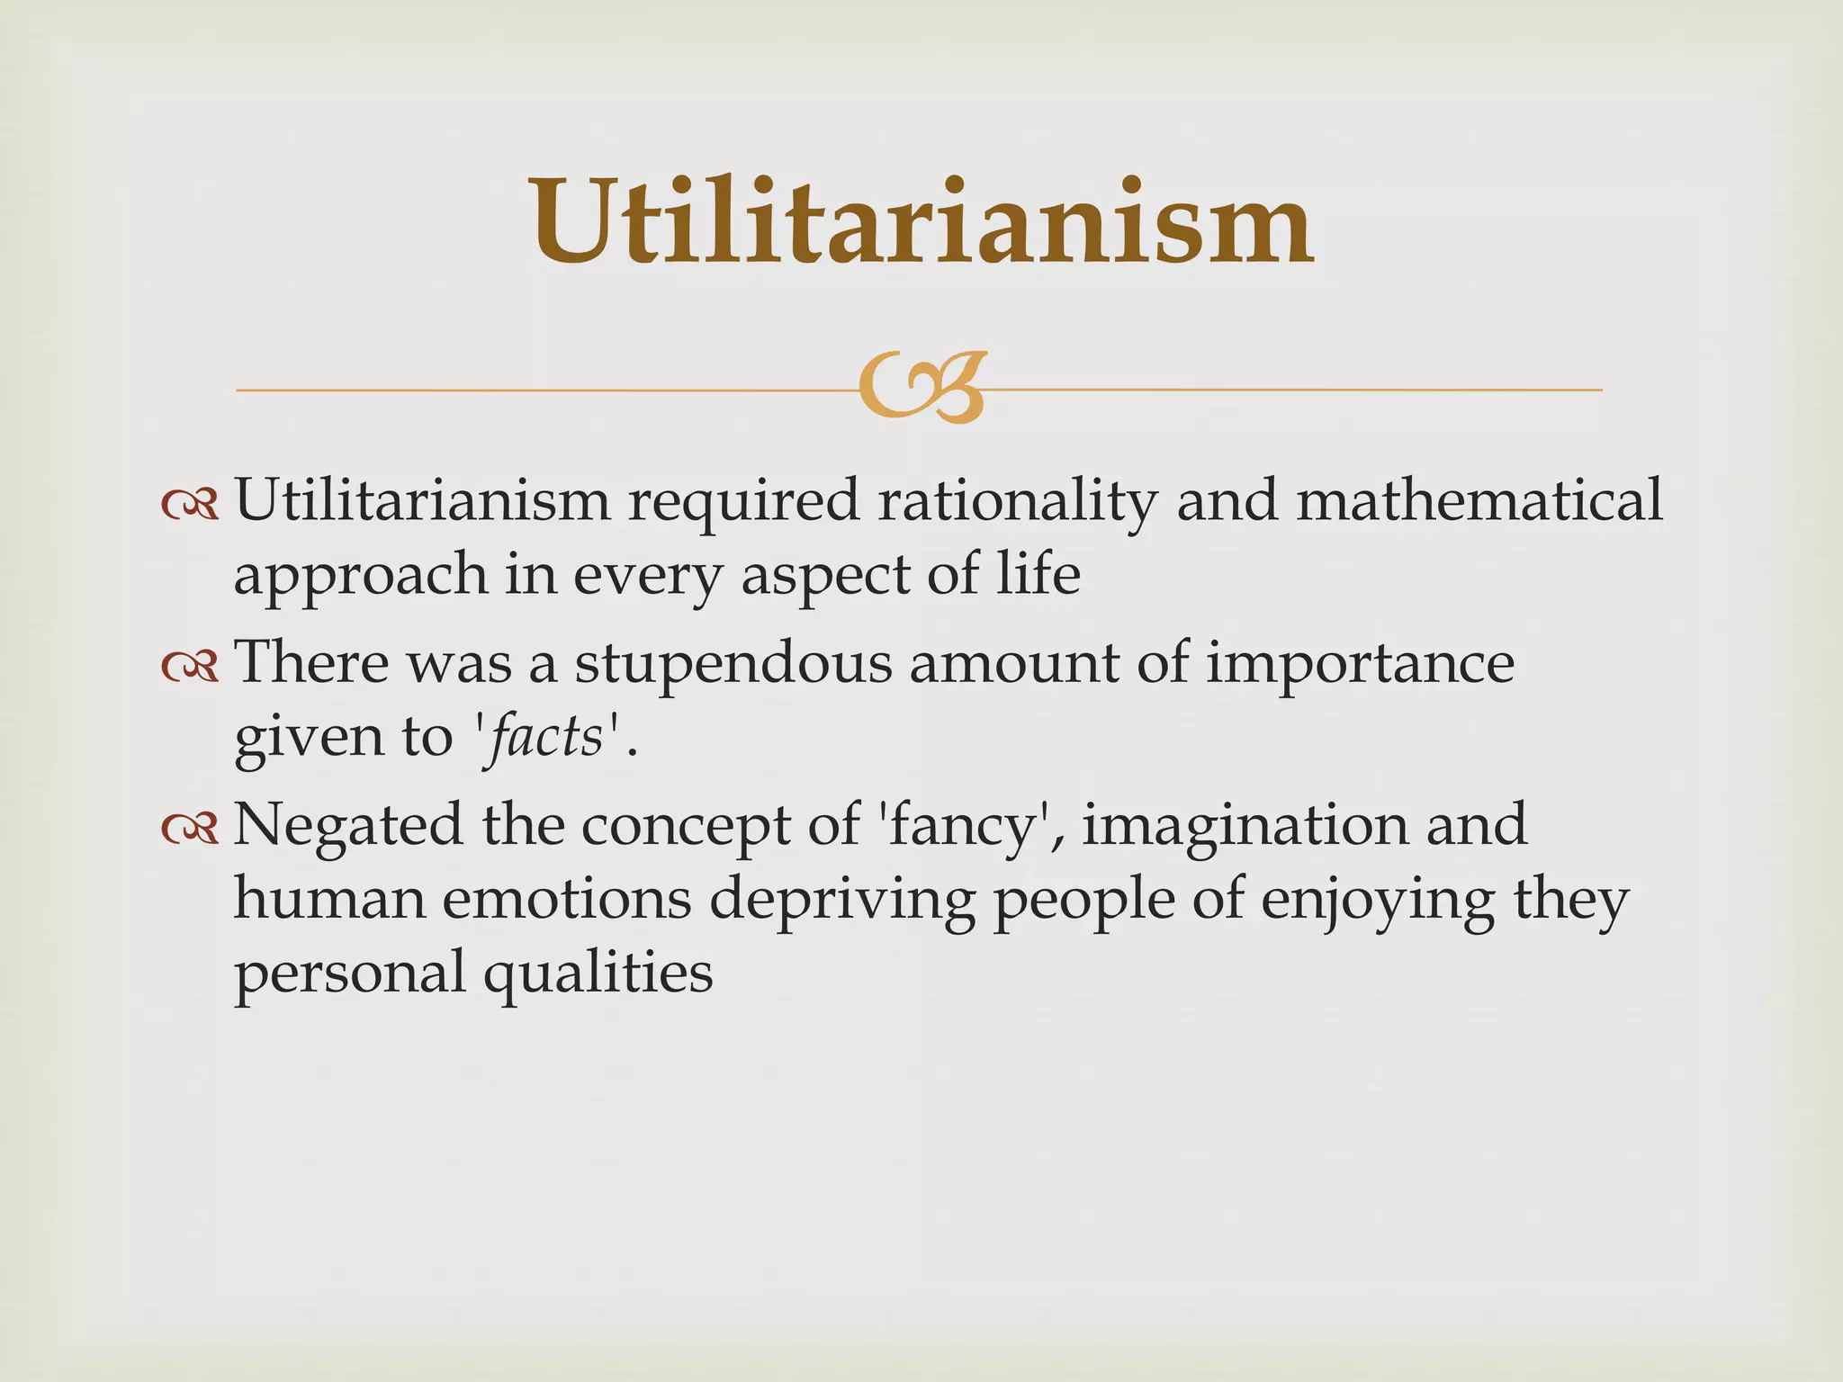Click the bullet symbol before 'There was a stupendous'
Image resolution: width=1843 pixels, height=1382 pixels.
point(190,666)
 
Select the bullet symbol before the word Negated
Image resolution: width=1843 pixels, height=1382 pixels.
point(190,829)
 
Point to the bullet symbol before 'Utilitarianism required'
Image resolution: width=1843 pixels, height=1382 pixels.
point(190,505)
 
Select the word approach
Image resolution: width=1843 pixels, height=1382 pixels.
point(360,576)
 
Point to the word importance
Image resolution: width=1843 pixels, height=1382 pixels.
point(1360,664)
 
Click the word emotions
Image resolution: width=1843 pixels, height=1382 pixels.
point(566,899)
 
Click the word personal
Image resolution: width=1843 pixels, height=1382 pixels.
point(349,974)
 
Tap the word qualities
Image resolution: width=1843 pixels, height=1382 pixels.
point(598,974)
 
